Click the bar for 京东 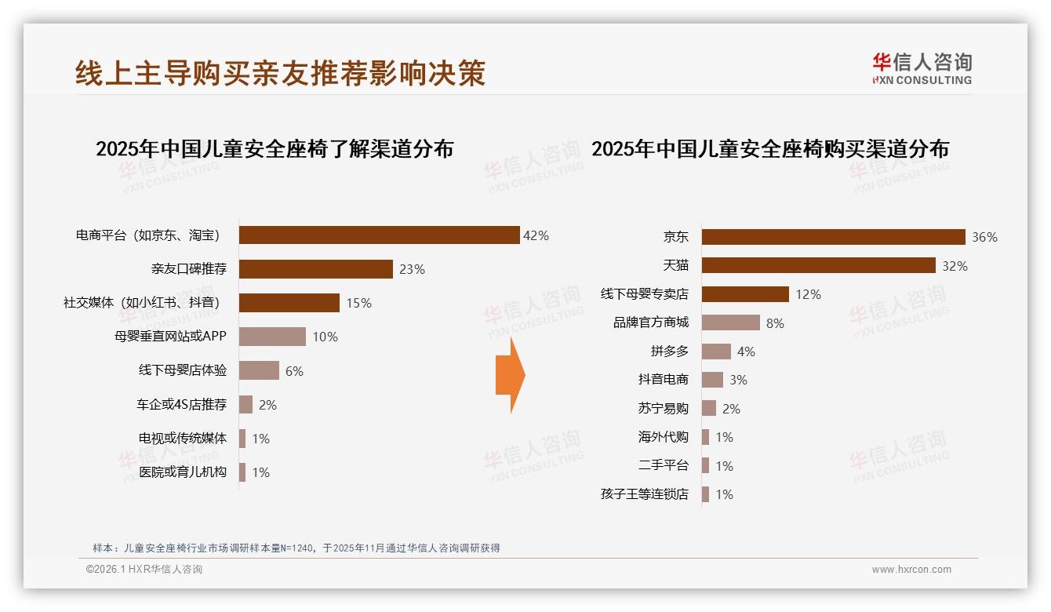click(833, 237)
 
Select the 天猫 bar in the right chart click(818, 265)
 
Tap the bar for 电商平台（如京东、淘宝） click(379, 235)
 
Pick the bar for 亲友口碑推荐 click(315, 269)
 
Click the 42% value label click(536, 235)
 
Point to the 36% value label click(984, 237)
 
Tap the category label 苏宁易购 click(663, 409)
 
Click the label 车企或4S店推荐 click(181, 405)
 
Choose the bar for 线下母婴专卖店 click(745, 294)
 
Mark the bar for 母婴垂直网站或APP click(272, 337)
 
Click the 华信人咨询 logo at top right click(922, 68)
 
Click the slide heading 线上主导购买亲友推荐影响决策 click(280, 73)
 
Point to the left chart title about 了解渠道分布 click(275, 149)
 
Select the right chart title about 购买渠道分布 click(769, 149)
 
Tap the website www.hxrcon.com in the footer click(911, 570)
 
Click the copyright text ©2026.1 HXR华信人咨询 click(144, 570)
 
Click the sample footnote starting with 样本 click(296, 548)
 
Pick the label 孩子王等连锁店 click(644, 494)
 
